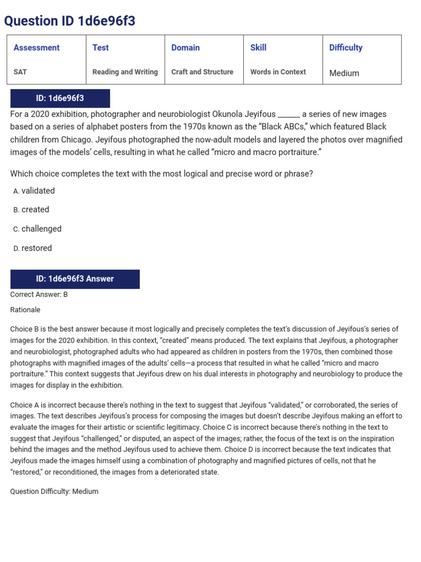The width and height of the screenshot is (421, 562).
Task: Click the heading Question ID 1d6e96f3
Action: [70, 21]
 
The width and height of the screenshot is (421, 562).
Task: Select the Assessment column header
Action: [36, 48]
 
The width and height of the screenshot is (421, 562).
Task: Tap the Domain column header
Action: [185, 48]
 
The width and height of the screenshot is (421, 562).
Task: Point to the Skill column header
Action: [258, 48]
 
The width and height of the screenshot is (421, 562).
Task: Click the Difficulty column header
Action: [345, 48]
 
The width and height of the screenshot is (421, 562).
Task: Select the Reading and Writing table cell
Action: [125, 72]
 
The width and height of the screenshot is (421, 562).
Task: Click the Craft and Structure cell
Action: [202, 72]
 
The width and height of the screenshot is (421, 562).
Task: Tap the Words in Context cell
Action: [278, 72]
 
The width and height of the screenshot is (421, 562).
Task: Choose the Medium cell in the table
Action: [344, 73]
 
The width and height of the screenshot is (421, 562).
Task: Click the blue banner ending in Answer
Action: [75, 279]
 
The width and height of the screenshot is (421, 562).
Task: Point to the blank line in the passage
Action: [289, 115]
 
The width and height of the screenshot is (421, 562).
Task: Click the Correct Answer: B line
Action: [39, 294]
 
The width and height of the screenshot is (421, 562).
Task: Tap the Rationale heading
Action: [25, 310]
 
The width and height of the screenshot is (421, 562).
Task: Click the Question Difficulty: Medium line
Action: [54, 491]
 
